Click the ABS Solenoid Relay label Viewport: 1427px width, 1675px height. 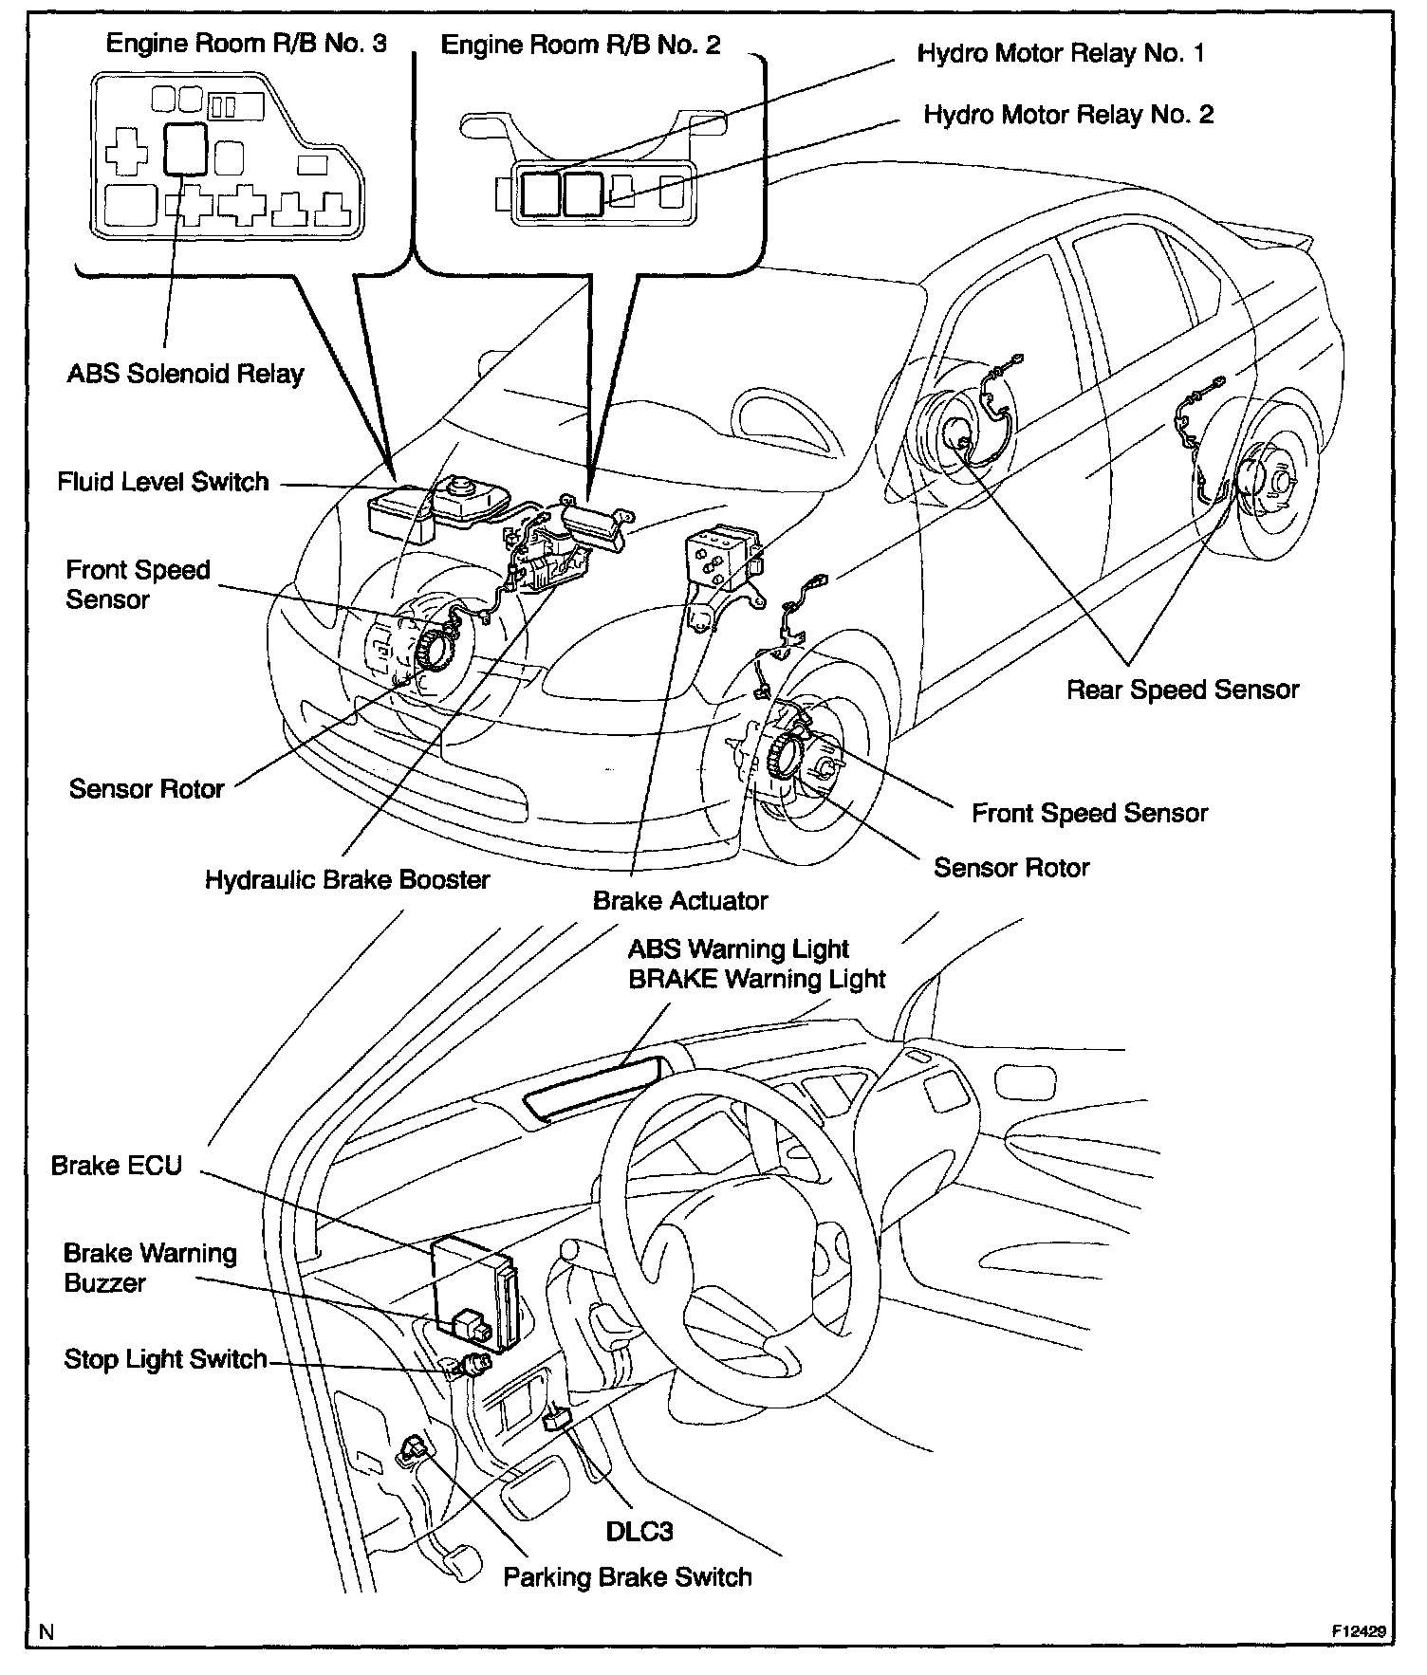[x=185, y=374]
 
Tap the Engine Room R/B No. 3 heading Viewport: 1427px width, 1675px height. [x=246, y=44]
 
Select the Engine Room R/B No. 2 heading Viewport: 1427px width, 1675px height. [x=581, y=45]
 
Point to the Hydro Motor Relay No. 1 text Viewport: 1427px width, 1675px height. [x=1061, y=53]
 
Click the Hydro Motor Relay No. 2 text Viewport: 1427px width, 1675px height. [x=1068, y=115]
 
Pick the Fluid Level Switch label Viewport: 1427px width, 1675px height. [x=163, y=482]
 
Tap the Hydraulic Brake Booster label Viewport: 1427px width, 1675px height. [x=347, y=879]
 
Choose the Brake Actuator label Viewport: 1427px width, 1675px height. [x=679, y=900]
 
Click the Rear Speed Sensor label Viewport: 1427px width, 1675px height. [x=1182, y=690]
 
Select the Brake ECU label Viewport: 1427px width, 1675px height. [x=116, y=1165]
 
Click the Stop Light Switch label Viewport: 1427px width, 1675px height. [x=165, y=1359]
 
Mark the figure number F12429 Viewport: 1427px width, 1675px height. [x=1358, y=1632]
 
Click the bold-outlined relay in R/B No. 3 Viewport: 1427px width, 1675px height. [x=186, y=149]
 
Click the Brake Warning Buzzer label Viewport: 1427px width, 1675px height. [x=150, y=1267]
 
